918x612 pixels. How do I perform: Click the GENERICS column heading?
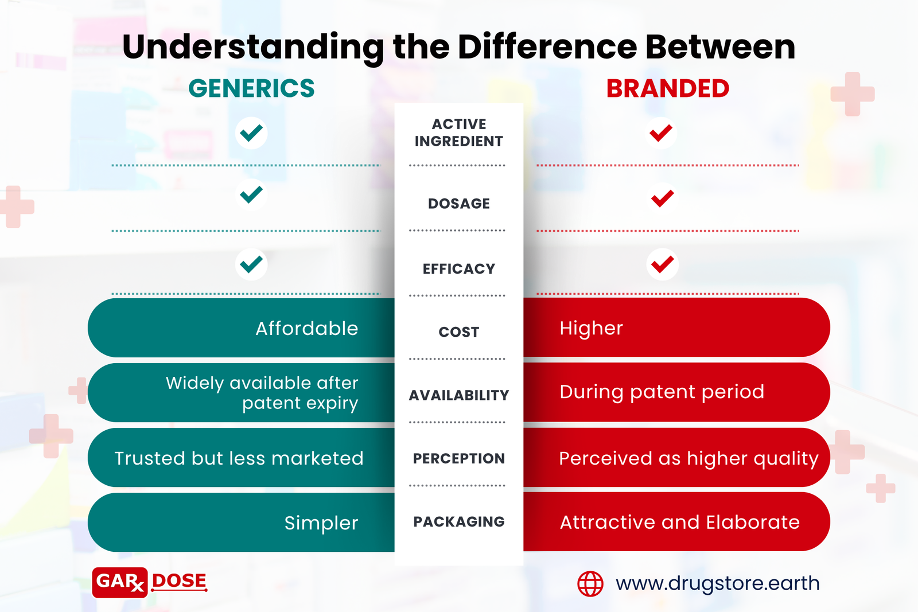pos(251,88)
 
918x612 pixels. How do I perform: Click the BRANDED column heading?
pos(668,88)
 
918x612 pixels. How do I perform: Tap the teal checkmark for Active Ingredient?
pos(251,133)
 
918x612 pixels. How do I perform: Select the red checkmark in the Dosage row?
pos(662,198)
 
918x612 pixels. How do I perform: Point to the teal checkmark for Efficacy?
pos(251,264)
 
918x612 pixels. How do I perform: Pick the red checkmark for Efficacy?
pos(662,264)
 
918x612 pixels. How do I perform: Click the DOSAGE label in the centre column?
pos(458,204)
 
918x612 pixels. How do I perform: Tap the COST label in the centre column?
pos(458,332)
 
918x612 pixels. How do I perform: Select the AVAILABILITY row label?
pos(458,395)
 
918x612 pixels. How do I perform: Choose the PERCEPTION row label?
pos(458,458)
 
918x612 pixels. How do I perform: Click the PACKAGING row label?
pos(458,521)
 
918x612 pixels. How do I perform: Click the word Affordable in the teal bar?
pos(307,328)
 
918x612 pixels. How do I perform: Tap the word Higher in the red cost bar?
pos(591,328)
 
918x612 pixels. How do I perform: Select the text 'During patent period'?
pos(662,392)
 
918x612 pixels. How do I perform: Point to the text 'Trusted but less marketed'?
pos(239,458)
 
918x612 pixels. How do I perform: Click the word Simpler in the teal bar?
pos(321,523)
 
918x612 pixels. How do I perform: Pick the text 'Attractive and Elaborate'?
pos(679,523)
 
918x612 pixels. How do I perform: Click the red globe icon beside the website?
pos(590,583)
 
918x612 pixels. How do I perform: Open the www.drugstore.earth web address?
pos(718,583)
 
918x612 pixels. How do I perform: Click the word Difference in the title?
pos(547,46)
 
